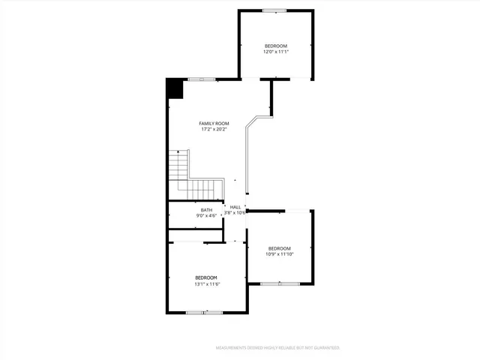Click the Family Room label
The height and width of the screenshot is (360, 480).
coord(214,123)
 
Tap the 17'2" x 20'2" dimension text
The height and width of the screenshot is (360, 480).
coord(214,130)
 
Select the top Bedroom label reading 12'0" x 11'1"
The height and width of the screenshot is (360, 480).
coord(275,46)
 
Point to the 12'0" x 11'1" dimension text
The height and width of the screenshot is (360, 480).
coord(275,52)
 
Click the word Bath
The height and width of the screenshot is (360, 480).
coord(206,210)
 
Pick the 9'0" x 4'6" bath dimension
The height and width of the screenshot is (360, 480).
coord(206,216)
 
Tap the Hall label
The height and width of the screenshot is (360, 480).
coord(235,207)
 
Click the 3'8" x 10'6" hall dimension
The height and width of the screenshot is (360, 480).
coord(235,213)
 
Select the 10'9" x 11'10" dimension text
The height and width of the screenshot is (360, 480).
coord(280,254)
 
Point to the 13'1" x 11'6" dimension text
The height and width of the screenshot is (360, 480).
coord(206,284)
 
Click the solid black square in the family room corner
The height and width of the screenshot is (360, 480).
coord(175,88)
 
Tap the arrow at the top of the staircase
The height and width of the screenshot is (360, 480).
coord(178,152)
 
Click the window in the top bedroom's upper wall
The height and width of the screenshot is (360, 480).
coord(274,10)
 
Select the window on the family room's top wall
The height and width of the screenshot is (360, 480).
coord(201,79)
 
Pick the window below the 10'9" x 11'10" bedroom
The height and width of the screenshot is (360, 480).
coord(280,283)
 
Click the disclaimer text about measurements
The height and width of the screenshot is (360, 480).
coord(277,348)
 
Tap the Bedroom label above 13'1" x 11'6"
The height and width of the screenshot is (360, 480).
coord(206,277)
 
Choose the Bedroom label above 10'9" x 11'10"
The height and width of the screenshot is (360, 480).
coord(280,248)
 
